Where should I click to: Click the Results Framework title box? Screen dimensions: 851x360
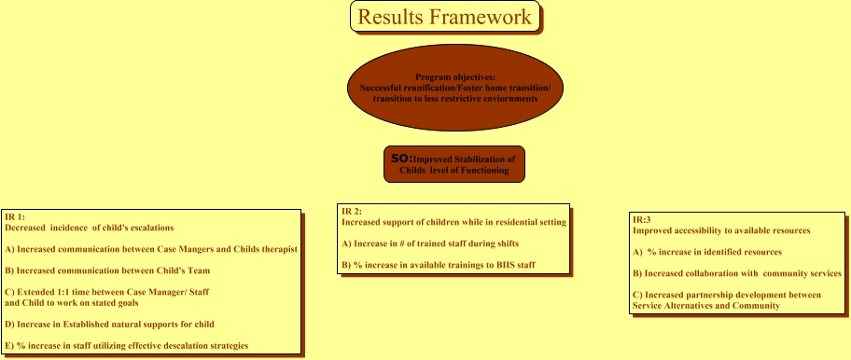click(x=445, y=16)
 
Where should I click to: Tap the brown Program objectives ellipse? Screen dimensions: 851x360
click(x=454, y=88)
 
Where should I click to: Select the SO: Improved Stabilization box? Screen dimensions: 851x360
click(x=454, y=164)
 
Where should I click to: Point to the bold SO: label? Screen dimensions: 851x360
click(x=401, y=159)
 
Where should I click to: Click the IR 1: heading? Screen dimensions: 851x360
click(x=15, y=217)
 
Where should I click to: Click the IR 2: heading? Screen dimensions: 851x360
click(x=352, y=212)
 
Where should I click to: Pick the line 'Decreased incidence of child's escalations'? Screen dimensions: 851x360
click(x=89, y=228)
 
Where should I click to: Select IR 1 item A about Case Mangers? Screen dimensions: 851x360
click(x=151, y=250)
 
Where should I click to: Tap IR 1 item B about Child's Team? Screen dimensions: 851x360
click(x=107, y=270)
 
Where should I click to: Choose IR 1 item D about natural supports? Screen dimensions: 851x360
click(x=109, y=325)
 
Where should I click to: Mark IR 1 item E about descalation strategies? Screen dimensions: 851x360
click(x=127, y=346)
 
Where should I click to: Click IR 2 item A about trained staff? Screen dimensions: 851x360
click(x=430, y=244)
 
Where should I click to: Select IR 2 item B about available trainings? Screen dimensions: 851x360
click(x=439, y=265)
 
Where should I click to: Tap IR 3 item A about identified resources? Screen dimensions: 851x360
click(x=707, y=252)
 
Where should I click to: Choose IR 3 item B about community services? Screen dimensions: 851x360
click(x=737, y=274)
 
